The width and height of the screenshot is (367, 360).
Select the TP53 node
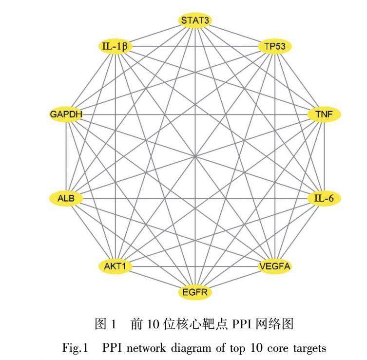click(274, 47)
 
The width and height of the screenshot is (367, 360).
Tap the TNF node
click(324, 114)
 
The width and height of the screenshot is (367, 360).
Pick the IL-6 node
click(324, 198)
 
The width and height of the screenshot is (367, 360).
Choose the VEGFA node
click(274, 266)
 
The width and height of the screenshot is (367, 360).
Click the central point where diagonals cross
click(195, 156)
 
